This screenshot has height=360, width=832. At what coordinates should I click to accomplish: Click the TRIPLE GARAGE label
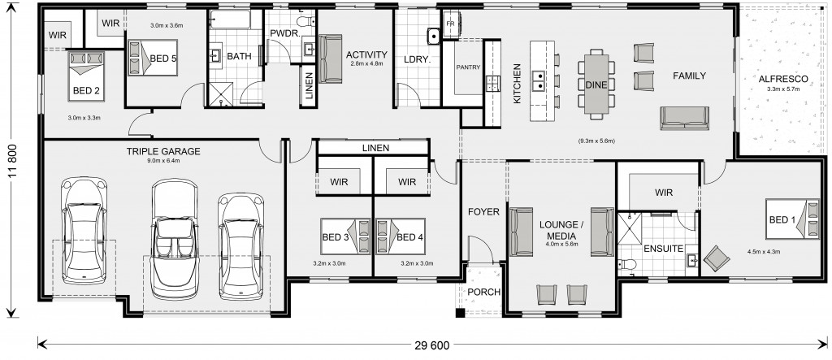point(162,151)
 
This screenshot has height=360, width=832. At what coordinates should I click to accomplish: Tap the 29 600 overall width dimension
point(431,345)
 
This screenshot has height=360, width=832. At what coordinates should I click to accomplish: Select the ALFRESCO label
point(783,79)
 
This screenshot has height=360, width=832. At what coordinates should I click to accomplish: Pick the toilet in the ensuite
point(628,264)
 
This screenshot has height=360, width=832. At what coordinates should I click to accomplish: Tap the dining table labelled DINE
point(596,84)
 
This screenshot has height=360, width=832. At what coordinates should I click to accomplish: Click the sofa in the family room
point(684,118)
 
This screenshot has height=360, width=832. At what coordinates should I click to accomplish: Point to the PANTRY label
point(468,67)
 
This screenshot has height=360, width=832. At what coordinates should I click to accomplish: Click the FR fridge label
point(450,24)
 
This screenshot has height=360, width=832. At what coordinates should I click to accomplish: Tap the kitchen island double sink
point(538,80)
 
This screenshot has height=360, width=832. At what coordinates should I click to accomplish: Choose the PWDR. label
point(285,33)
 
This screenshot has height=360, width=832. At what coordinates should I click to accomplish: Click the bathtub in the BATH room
point(230,20)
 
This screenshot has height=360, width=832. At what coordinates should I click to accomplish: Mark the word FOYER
point(483,212)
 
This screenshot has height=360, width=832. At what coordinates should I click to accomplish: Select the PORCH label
point(484,292)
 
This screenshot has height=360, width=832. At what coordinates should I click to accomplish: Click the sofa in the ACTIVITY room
point(330,59)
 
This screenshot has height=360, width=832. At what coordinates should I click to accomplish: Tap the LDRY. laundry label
point(417,59)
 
